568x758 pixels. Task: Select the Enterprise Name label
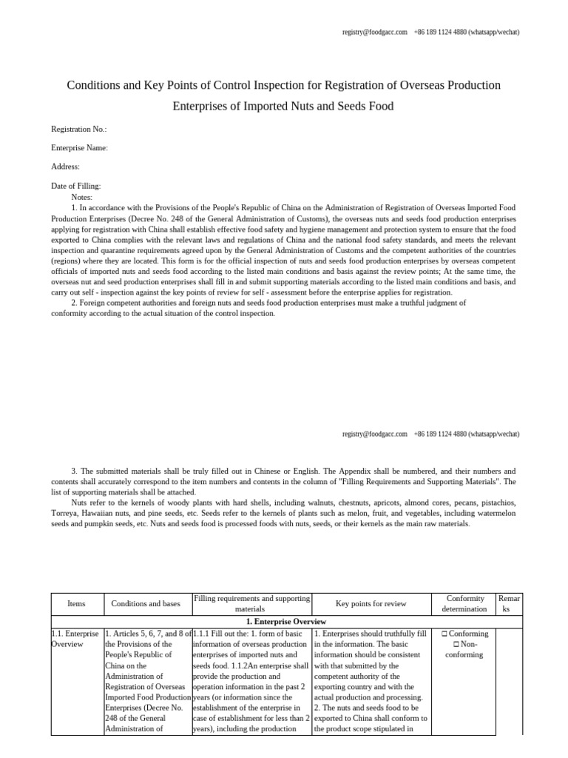tap(79, 148)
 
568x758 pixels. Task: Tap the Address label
tap(65, 167)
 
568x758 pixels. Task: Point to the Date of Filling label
tap(75, 186)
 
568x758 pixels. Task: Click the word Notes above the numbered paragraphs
tap(82, 197)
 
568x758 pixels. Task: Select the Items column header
tap(76, 603)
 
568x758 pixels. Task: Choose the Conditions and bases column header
tap(146, 603)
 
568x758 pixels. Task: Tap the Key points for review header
tap(371, 603)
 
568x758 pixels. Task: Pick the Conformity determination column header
tap(466, 603)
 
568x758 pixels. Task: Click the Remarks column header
tap(510, 603)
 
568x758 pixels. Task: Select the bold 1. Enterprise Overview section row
tap(285, 621)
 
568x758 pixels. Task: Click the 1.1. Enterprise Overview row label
tap(76, 639)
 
